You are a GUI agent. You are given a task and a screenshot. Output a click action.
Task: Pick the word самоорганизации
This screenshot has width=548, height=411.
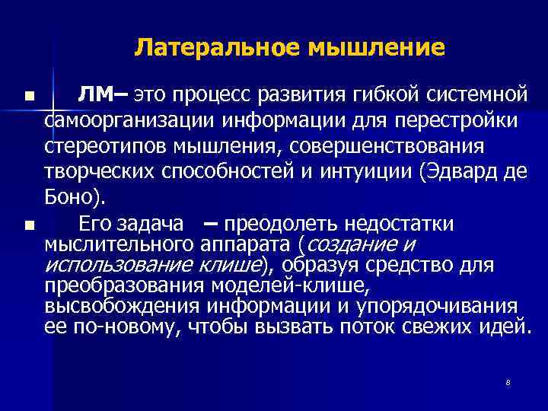tap(129, 120)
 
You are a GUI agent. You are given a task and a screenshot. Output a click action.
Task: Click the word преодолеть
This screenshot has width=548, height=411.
tap(281, 224)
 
